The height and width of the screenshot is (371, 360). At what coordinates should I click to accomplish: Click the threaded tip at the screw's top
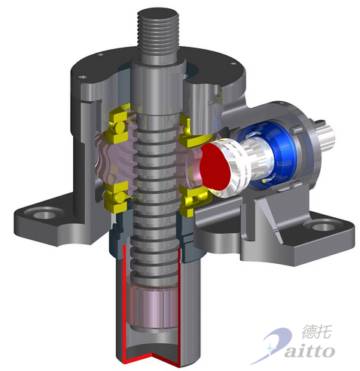158,32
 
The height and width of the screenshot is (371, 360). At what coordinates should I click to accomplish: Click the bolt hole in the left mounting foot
45,215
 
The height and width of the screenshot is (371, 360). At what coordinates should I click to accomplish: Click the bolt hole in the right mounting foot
324,227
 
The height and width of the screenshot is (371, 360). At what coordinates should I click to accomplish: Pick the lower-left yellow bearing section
117,197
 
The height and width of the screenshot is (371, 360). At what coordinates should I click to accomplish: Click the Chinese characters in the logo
316,331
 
